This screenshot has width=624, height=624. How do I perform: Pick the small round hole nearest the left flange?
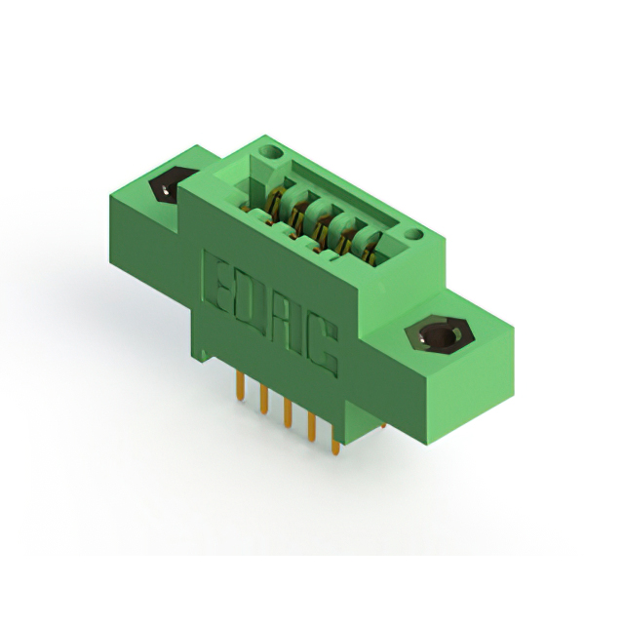[x=270, y=153]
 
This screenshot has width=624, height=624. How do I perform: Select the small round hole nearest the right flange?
[x=413, y=234]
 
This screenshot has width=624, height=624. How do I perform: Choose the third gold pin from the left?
[x=287, y=414]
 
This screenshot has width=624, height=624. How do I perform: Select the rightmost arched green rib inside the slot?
[x=369, y=252]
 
